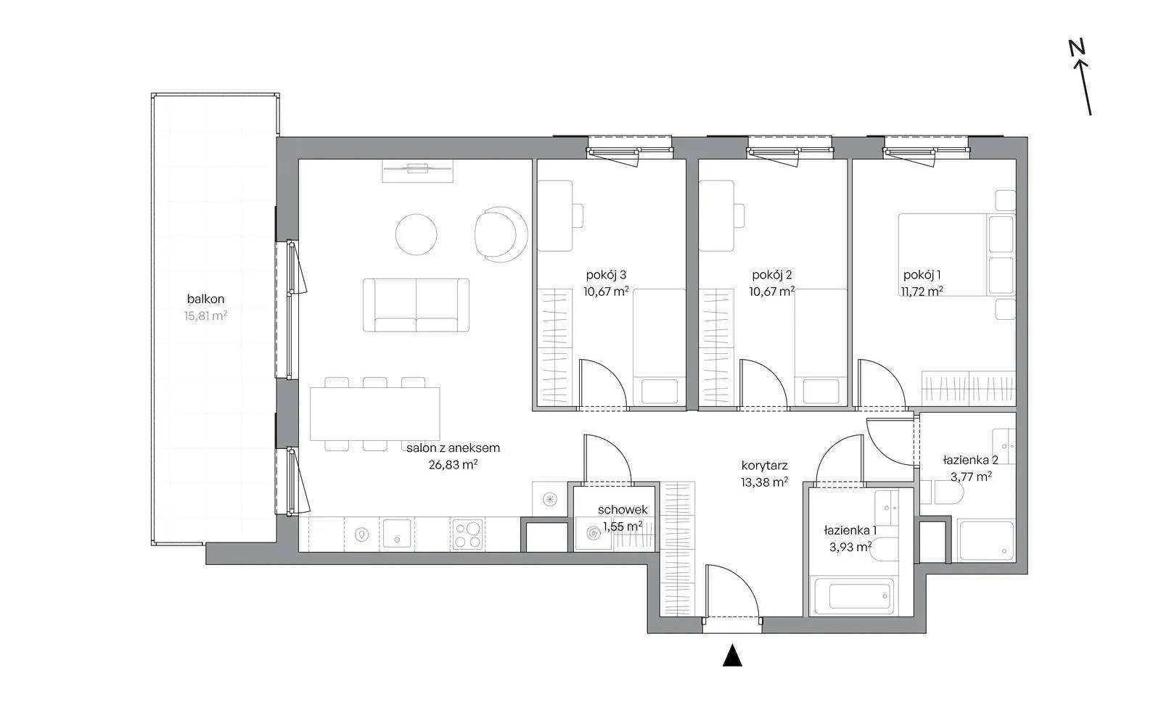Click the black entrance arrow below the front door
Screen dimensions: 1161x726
[732, 656]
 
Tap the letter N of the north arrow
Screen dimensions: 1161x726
[1077, 47]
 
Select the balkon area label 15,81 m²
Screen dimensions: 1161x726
[206, 315]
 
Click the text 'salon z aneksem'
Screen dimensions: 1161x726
[453, 448]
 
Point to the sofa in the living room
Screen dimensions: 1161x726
[417, 305]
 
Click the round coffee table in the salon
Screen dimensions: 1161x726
[417, 234]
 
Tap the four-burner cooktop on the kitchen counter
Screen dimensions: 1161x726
[467, 535]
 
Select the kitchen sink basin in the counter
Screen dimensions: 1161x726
[397, 534]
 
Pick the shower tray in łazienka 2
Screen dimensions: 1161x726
[986, 540]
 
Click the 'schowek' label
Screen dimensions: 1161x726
[623, 510]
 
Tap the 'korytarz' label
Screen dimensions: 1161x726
[765, 466]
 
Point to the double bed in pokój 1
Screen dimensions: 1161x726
[957, 255]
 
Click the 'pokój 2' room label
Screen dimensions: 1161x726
[772, 275]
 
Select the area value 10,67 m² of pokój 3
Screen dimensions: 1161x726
[606, 292]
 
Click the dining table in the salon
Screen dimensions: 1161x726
[374, 414]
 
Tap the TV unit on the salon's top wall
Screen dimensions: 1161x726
[418, 171]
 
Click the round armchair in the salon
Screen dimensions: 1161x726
[501, 234]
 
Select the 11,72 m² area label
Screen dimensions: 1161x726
[922, 292]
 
